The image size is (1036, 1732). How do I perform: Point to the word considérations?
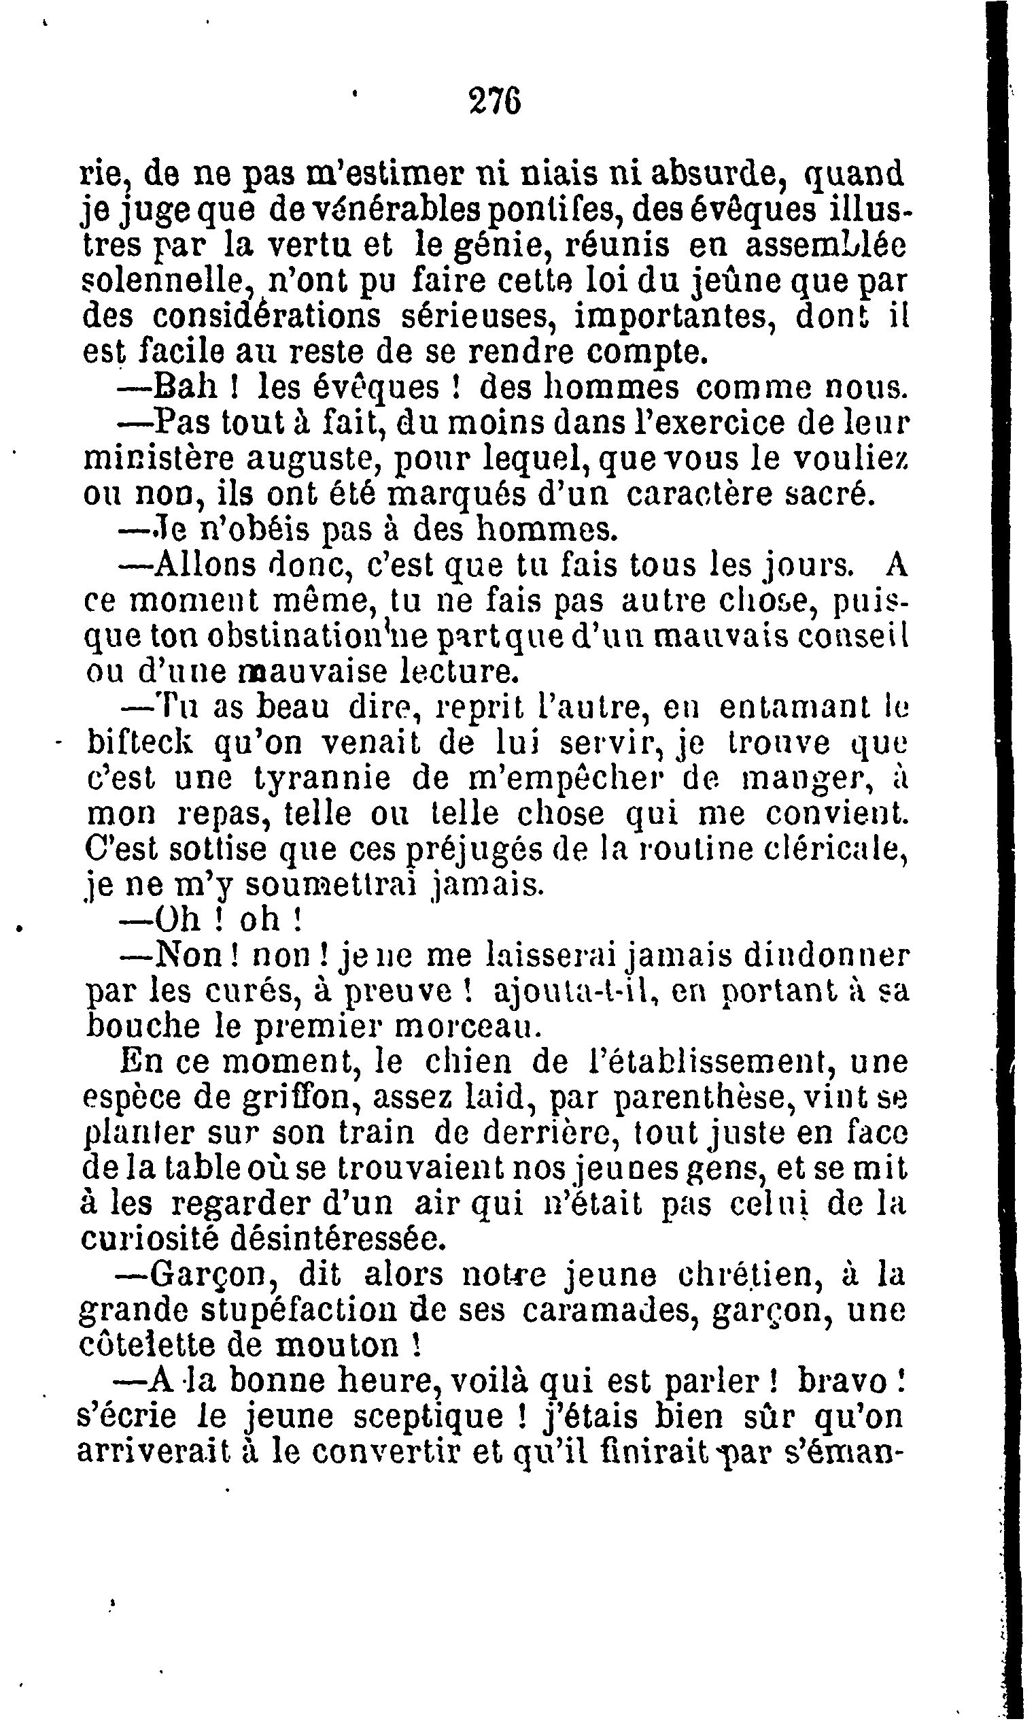[267, 318]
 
